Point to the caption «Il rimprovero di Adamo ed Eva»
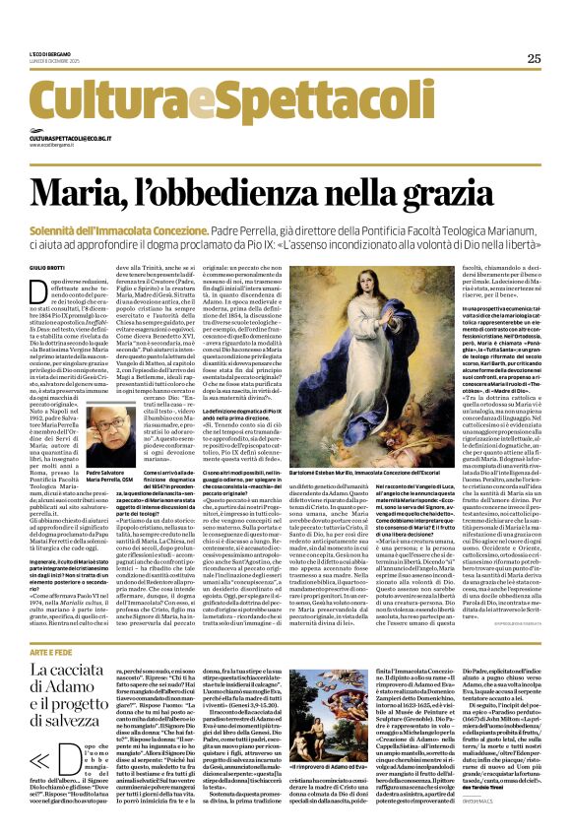354,794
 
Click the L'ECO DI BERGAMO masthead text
50,55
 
